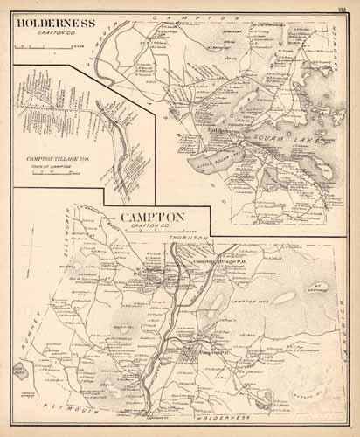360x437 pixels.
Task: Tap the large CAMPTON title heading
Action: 156,218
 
